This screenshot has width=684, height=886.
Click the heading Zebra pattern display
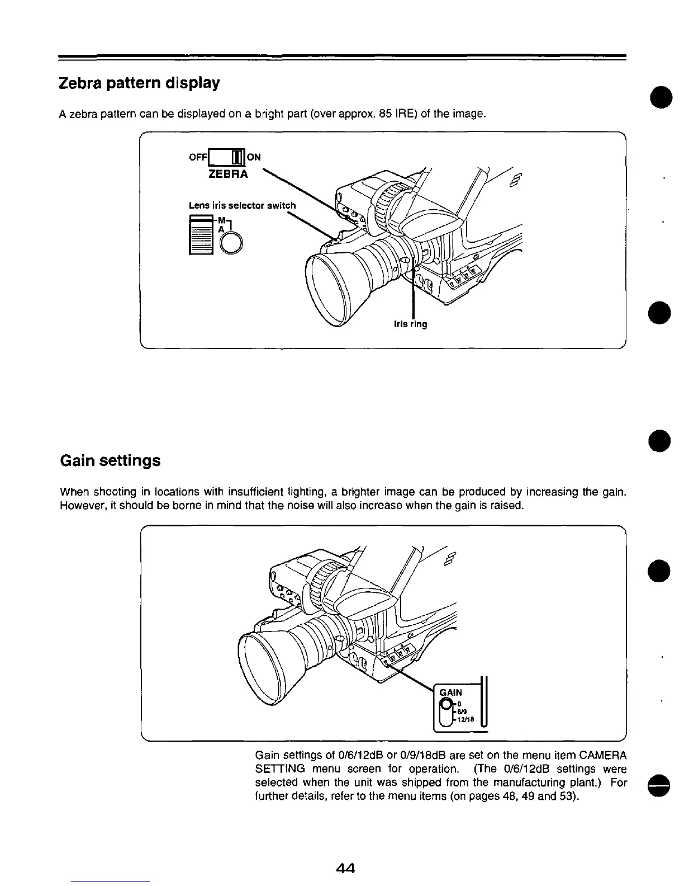click(139, 83)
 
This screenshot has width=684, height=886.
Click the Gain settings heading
click(110, 461)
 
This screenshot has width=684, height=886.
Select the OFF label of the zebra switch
click(198, 157)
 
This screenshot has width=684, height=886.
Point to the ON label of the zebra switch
click(254, 157)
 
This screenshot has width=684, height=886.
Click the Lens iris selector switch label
click(242, 205)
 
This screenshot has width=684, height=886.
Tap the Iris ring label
click(410, 324)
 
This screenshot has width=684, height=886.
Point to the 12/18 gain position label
click(465, 720)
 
